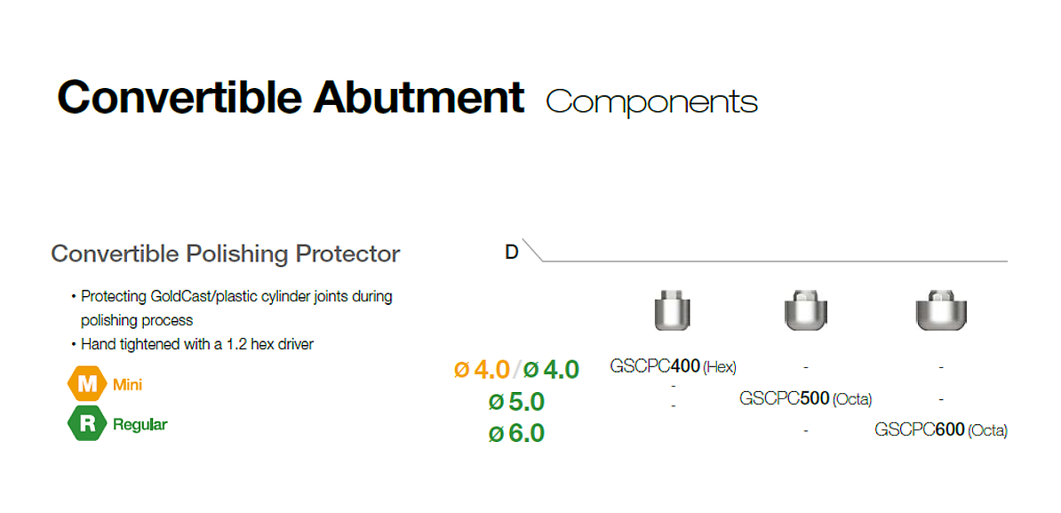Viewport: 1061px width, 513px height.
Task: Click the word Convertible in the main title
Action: (x=180, y=98)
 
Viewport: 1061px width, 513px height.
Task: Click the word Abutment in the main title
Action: (x=419, y=98)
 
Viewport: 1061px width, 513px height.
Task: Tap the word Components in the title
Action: (x=651, y=102)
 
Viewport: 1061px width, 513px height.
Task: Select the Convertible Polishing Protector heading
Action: (x=226, y=254)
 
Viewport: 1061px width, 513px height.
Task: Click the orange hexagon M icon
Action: (x=86, y=385)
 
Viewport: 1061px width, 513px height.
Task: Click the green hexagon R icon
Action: (x=86, y=424)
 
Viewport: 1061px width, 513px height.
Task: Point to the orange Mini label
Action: (x=127, y=385)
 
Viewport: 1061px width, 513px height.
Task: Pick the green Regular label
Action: (x=140, y=425)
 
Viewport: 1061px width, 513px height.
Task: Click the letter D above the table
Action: (x=512, y=252)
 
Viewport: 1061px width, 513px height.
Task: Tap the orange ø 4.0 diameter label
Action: (x=481, y=370)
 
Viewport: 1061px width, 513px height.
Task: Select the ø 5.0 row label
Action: (x=516, y=402)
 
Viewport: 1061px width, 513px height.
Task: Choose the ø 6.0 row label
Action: (x=516, y=433)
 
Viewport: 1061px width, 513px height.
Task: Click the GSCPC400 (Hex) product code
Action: (x=674, y=367)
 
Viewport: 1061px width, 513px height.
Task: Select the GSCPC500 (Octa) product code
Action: (x=806, y=398)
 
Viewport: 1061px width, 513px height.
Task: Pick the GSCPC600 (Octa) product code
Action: (x=940, y=429)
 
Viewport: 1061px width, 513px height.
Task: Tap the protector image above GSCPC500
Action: (x=806, y=310)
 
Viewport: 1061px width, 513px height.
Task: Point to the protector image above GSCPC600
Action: (x=940, y=310)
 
